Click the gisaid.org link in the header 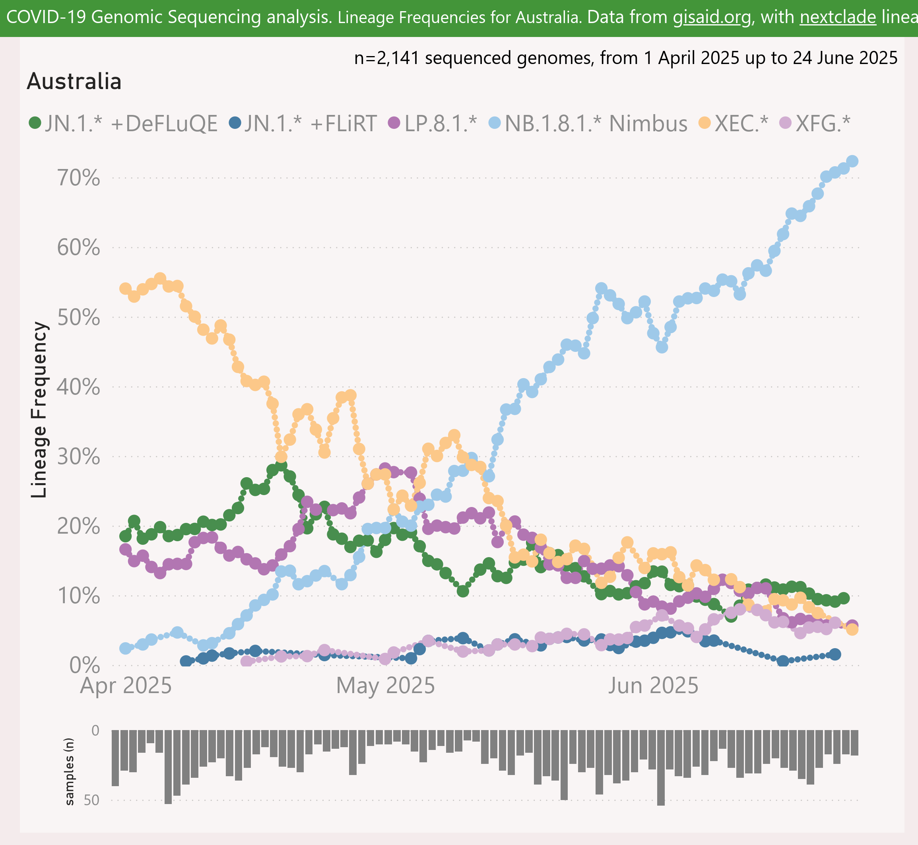click(712, 17)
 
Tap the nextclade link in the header click(838, 17)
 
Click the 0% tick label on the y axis click(85, 666)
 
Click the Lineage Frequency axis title click(39, 410)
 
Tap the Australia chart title click(74, 82)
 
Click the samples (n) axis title click(69, 771)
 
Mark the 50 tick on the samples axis click(91, 800)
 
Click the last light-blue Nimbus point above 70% click(852, 161)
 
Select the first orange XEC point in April click(125, 289)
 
